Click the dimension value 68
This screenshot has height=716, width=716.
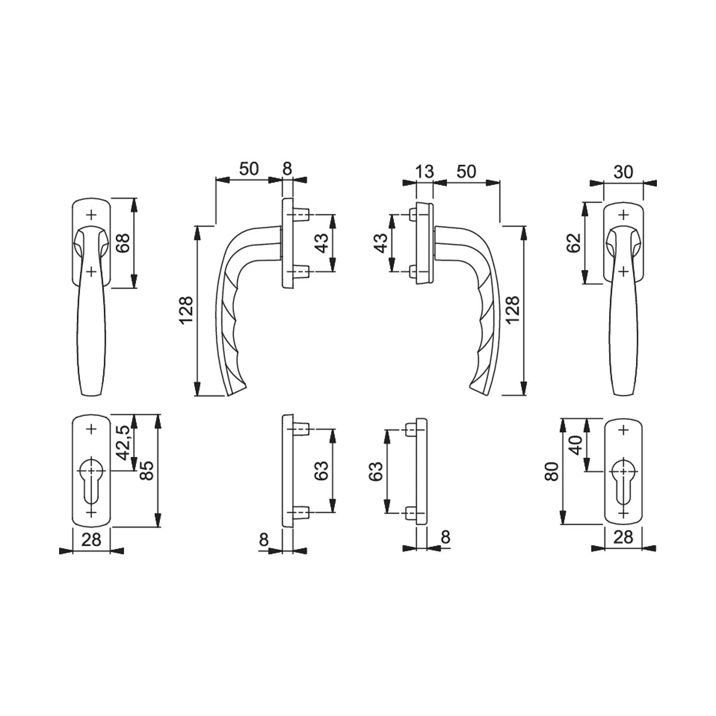[123, 243]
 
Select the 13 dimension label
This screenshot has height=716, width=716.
[424, 172]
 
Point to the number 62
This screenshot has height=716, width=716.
[573, 243]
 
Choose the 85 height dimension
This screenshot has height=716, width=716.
[147, 470]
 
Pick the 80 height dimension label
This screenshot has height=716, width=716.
[552, 471]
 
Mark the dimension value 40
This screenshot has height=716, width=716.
[575, 445]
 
